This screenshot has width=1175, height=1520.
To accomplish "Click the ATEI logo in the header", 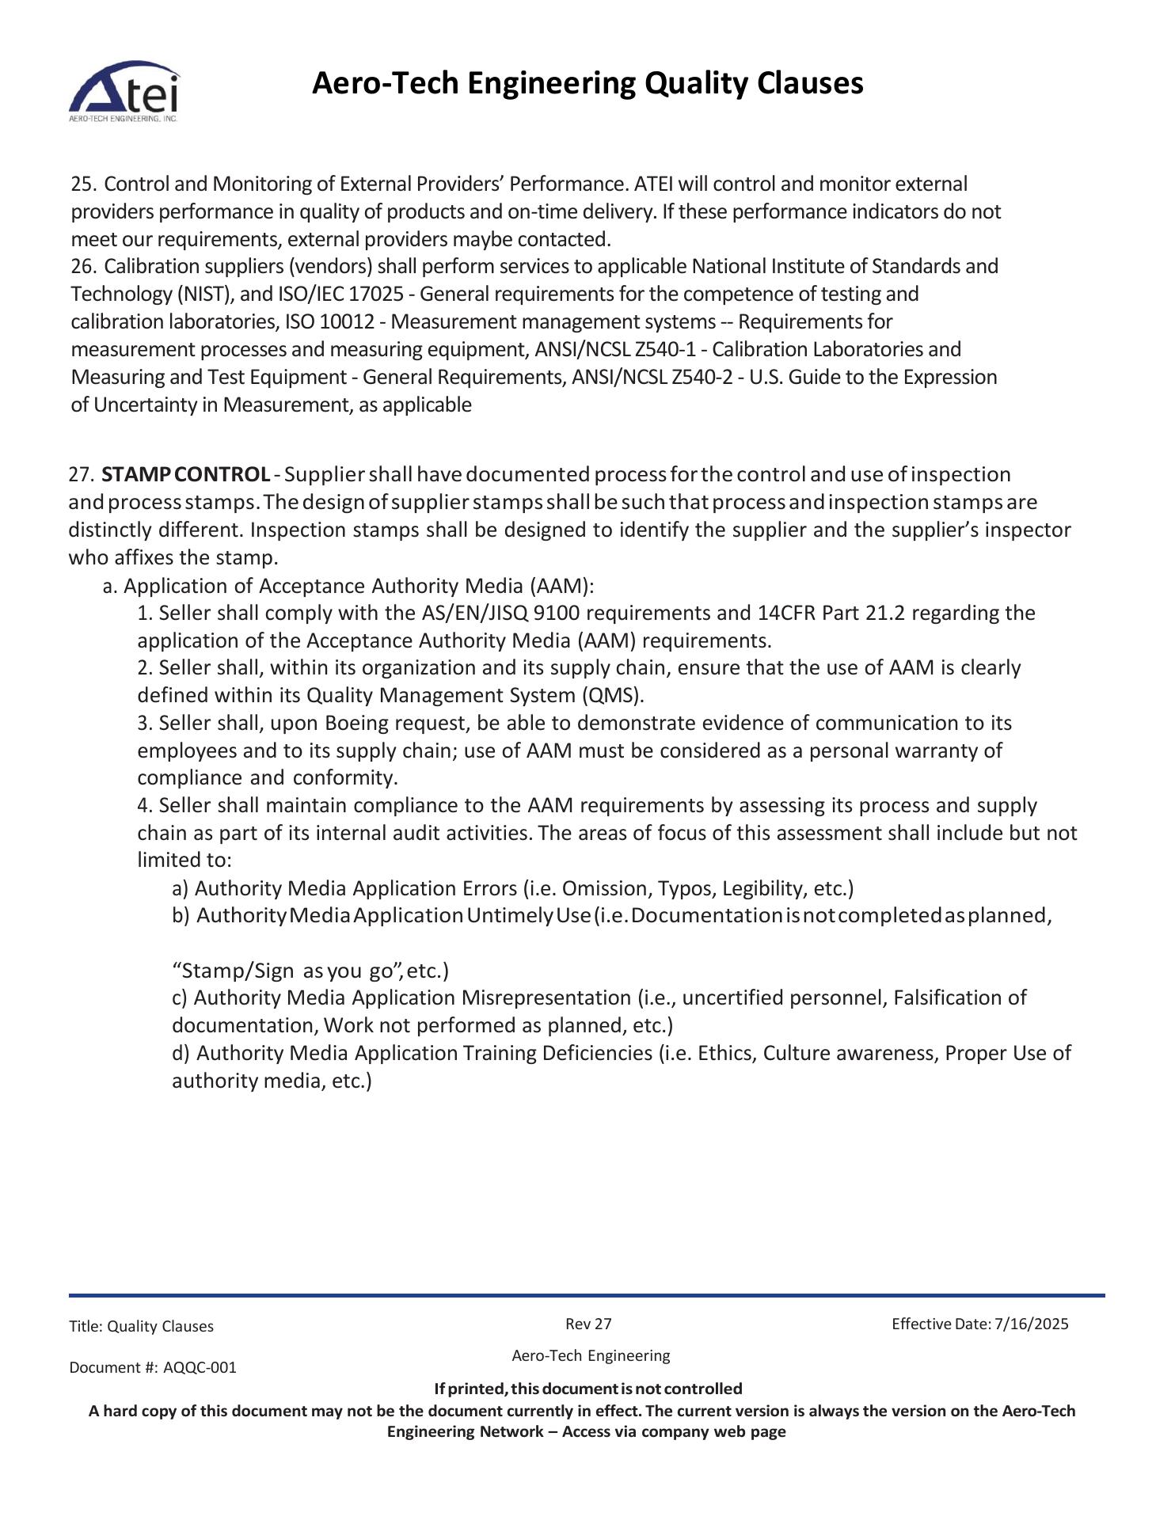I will [124, 91].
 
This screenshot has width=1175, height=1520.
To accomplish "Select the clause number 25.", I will [82, 184].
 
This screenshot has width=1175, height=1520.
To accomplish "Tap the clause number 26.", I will [82, 267].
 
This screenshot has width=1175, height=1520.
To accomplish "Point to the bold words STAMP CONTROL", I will [186, 475].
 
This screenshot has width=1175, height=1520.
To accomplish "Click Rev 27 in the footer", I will [588, 1324].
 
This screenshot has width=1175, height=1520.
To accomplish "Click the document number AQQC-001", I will [200, 1368].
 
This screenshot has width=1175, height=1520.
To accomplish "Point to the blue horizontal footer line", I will [587, 1296].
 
